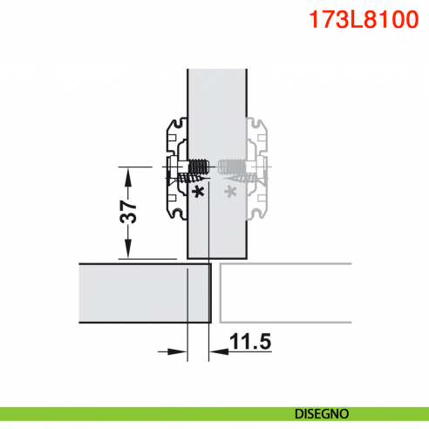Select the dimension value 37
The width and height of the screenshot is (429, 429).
click(127, 212)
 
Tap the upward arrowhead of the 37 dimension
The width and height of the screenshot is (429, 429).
click(127, 174)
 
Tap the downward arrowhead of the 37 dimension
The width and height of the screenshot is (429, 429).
click(127, 251)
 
